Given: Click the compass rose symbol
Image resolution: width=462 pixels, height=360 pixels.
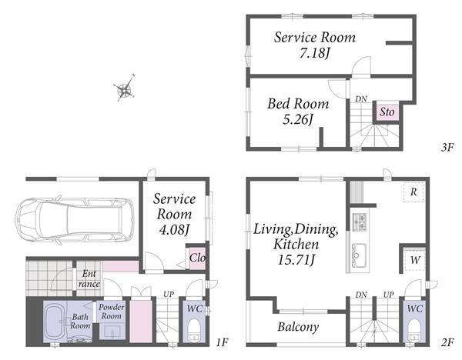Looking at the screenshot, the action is coord(125,88).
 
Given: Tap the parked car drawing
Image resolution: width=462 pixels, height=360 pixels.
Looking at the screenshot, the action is coord(75,219).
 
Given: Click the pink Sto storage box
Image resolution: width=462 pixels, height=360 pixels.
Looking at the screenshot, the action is coord(387,112).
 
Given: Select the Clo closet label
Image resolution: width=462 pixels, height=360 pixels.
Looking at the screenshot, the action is coord(197,258).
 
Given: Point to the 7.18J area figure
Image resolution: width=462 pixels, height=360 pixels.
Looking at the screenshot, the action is coord(315,53).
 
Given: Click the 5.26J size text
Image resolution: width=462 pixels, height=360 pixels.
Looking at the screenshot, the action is coord(298,119).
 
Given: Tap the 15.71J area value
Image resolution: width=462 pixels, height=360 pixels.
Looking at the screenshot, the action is coord(296,260).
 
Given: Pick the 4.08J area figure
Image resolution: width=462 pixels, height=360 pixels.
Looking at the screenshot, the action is coord(174,229).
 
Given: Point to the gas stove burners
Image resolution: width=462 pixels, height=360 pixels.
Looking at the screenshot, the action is coord(360,222).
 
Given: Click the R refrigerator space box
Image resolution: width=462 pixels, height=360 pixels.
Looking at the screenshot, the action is coord(413,192).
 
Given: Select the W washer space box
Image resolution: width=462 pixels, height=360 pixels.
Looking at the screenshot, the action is coord(414,260).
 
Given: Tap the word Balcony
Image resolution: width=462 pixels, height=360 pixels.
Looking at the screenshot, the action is coord(298,327).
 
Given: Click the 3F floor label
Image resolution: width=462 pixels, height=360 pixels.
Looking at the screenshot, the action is coord(447,147).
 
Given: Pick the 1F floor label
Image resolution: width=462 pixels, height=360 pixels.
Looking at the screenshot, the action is coord(222,342).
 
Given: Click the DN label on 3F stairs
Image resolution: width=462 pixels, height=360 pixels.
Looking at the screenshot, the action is coord(361,99).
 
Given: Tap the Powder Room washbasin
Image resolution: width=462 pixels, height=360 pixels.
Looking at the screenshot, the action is coord(112,332).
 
